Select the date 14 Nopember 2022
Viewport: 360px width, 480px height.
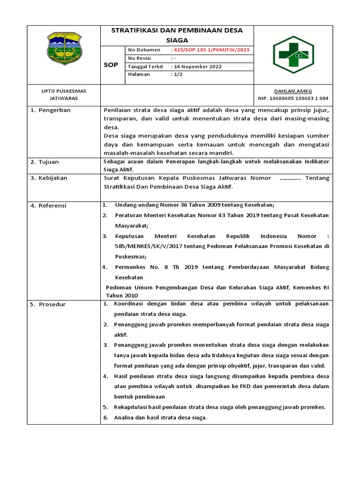coord(197,66)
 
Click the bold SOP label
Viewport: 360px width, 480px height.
coord(110,66)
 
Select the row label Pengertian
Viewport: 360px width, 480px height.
coord(51,110)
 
